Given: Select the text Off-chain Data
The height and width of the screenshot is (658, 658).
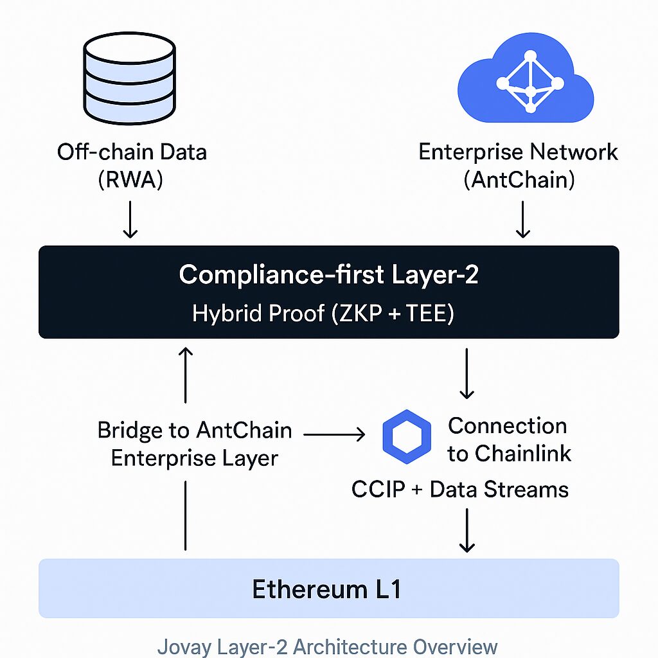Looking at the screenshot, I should (x=132, y=152).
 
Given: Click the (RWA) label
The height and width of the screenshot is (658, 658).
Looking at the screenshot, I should (x=131, y=180).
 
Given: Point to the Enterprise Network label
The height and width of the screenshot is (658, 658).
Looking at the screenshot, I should (x=518, y=152).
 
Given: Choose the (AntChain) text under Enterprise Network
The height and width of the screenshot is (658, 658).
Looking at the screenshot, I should (x=519, y=180).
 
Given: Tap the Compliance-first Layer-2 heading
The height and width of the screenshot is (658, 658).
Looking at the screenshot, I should (x=328, y=275).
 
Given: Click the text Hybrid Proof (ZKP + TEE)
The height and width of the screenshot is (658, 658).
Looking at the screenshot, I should (x=323, y=314).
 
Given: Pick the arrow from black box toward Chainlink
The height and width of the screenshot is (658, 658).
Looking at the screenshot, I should (x=467, y=373).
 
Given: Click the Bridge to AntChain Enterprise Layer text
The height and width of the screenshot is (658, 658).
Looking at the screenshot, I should (x=195, y=444).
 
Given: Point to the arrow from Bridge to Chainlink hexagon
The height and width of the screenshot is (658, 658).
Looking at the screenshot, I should (x=334, y=436).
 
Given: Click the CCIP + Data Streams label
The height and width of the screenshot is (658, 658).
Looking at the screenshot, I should (x=460, y=490).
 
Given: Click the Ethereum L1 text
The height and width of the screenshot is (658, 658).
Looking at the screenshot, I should (x=326, y=589).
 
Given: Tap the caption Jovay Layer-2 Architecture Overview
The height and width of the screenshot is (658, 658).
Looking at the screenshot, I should (x=328, y=646).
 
